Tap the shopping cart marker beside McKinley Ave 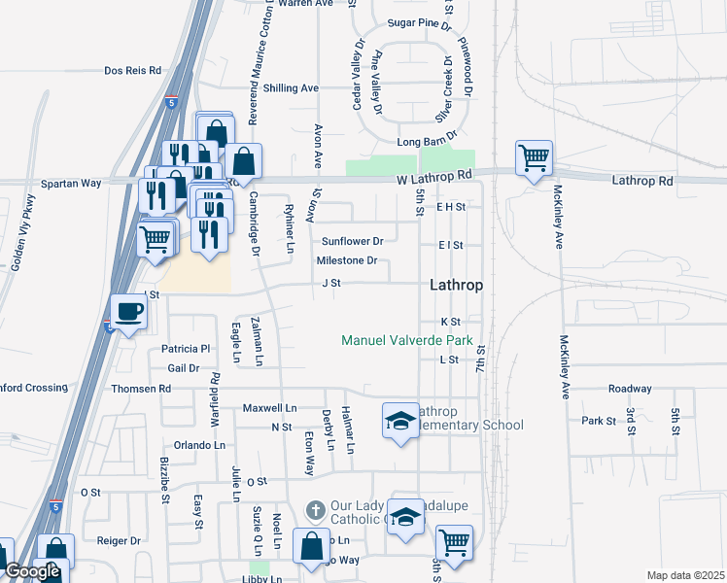tap(534, 157)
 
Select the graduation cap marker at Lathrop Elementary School tap(399, 421)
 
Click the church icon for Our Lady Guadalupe tap(315, 509)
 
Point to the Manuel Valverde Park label tap(406, 340)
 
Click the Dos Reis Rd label tap(132, 71)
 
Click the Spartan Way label tap(71, 183)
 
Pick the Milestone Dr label tap(347, 260)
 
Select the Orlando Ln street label tap(199, 445)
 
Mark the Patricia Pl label tap(186, 349)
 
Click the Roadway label tap(630, 389)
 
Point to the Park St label tap(599, 421)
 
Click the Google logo tap(33, 572)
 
